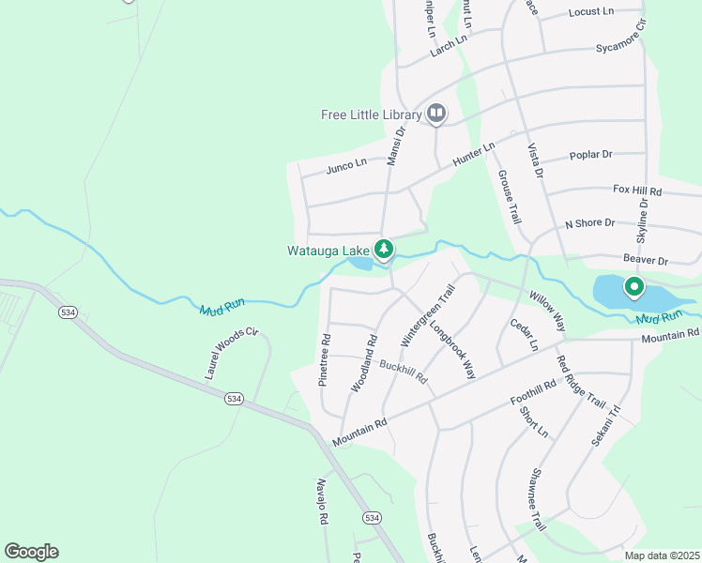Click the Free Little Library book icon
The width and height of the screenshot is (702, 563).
pyautogui.click(x=435, y=114)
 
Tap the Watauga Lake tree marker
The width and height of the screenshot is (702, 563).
pyautogui.click(x=383, y=250)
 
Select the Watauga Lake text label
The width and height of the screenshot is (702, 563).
pyautogui.click(x=328, y=251)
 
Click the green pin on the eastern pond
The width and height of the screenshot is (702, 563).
pyautogui.click(x=634, y=287)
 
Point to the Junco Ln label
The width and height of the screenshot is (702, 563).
pyautogui.click(x=346, y=166)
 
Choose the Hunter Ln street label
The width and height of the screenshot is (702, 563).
pyautogui.click(x=473, y=155)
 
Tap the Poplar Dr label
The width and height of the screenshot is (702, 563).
pyautogui.click(x=591, y=154)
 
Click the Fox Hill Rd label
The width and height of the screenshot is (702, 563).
pyautogui.click(x=637, y=190)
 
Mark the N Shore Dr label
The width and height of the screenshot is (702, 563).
pyautogui.click(x=588, y=223)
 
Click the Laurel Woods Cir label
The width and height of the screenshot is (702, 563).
pyautogui.click(x=231, y=354)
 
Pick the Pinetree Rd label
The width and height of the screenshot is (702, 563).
pyautogui.click(x=325, y=361)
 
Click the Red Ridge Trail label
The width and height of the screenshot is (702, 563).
pyautogui.click(x=581, y=381)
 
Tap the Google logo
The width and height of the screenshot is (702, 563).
pyautogui.click(x=32, y=552)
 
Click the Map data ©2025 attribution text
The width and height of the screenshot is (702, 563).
pyautogui.click(x=662, y=555)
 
